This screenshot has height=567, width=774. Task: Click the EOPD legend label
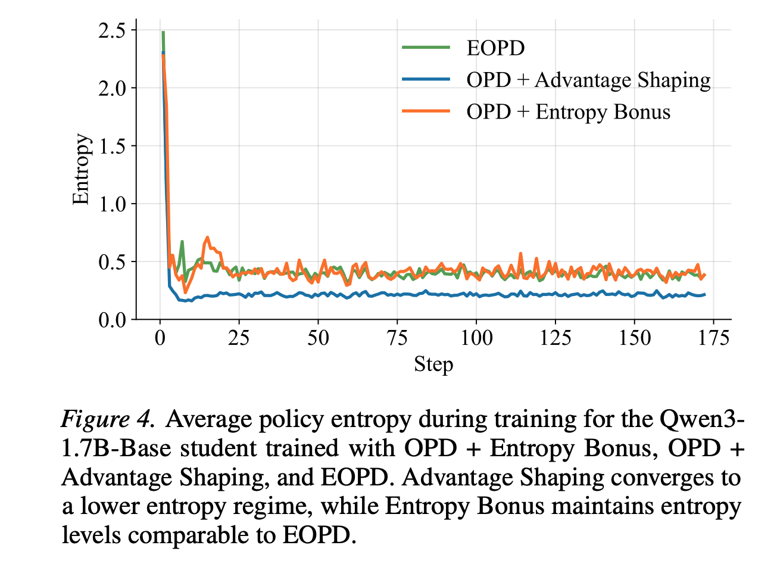pyautogui.click(x=495, y=48)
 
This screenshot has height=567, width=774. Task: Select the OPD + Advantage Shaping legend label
pyautogui.click(x=588, y=80)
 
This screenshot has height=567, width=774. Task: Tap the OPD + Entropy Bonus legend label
pyautogui.click(x=568, y=112)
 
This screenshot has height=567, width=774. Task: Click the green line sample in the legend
pyautogui.click(x=426, y=48)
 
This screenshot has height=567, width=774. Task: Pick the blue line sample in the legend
pyautogui.click(x=426, y=79)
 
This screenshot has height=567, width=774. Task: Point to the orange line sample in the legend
pyautogui.click(x=426, y=111)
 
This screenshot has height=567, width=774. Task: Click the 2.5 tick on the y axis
pyautogui.click(x=111, y=31)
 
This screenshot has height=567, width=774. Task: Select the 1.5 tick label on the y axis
pyautogui.click(x=111, y=147)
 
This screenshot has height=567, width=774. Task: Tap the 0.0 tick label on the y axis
pyautogui.click(x=111, y=320)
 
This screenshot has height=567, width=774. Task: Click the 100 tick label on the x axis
pyautogui.click(x=476, y=338)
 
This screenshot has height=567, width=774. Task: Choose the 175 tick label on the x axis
pyautogui.click(x=713, y=338)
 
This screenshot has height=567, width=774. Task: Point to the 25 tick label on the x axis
pyautogui.click(x=239, y=338)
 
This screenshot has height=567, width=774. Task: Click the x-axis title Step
pyautogui.click(x=433, y=364)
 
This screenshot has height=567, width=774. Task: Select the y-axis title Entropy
pyautogui.click(x=82, y=169)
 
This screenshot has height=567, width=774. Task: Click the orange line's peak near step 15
pyautogui.click(x=207, y=238)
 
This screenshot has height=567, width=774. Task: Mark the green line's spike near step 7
pyautogui.click(x=182, y=241)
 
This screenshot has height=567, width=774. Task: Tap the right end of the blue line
pyautogui.click(x=704, y=295)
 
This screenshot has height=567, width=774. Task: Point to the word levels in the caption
pyautogui.click(x=91, y=535)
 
